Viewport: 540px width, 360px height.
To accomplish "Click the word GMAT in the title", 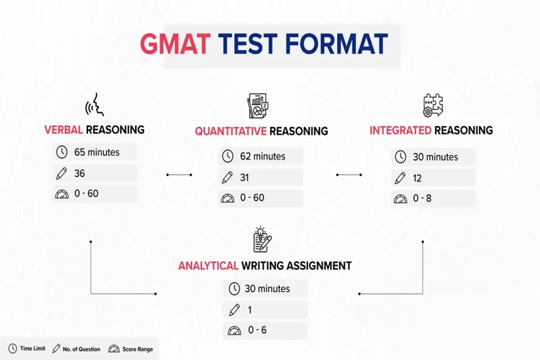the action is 175,44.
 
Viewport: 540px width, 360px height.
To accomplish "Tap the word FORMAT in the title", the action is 336,44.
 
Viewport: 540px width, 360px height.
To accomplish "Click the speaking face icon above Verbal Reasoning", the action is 94,104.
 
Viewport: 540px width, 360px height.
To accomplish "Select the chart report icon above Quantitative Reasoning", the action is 257,105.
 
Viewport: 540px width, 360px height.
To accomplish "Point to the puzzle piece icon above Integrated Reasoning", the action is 433,105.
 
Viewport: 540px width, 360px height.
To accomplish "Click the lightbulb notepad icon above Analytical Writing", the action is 262,239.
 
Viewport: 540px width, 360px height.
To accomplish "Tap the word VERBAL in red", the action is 64,130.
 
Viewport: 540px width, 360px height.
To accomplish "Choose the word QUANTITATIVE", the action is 231,131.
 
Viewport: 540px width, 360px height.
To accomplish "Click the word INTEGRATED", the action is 400,130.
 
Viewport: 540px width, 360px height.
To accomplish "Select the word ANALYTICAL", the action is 208,266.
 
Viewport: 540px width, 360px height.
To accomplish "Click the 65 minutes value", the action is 97,152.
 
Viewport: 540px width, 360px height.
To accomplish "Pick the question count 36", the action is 80,173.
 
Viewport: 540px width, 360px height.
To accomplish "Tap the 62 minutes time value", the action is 263,156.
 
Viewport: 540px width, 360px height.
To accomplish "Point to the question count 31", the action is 245,178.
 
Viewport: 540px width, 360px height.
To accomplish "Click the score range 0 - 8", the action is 422,198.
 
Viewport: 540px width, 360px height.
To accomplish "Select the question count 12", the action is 417,178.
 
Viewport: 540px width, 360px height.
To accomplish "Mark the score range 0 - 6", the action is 257,330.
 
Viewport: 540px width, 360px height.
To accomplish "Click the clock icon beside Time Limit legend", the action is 13,348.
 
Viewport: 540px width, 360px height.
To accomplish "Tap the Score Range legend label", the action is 138,349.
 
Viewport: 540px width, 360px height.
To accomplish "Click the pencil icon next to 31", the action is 227,178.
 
